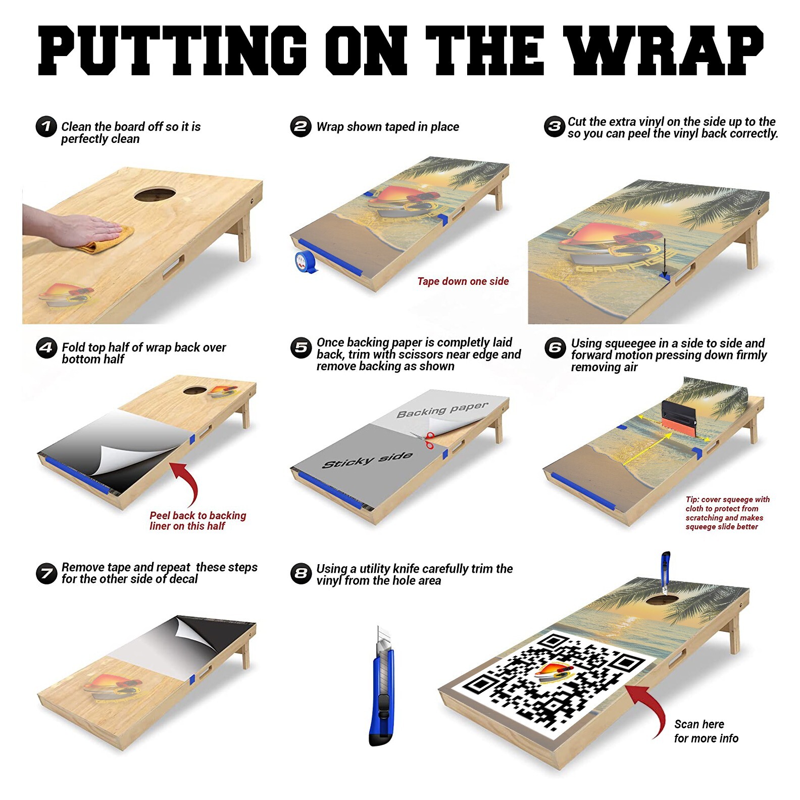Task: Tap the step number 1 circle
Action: click(x=46, y=126)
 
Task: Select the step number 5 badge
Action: click(x=302, y=347)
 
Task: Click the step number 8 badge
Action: click(x=302, y=573)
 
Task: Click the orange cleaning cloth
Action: click(x=109, y=240)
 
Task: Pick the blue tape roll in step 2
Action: click(x=306, y=262)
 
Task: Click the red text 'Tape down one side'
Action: click(x=463, y=281)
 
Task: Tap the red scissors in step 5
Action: click(x=429, y=440)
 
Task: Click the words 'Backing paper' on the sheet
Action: click(x=442, y=410)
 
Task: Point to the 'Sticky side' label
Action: click(x=368, y=460)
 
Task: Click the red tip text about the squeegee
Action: click(x=727, y=513)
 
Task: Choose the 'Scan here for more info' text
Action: click(x=706, y=731)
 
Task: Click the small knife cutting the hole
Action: click(x=665, y=571)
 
